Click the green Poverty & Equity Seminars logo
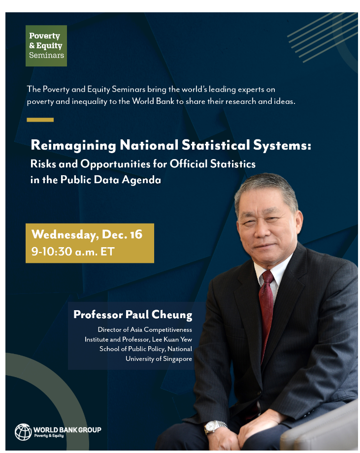point(46,45)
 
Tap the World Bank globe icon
point(23,432)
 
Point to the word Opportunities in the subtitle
point(112,164)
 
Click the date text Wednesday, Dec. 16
point(87,234)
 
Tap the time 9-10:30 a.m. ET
point(73,252)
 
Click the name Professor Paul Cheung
point(132,315)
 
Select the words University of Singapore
point(159,358)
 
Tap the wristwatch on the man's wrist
point(216,426)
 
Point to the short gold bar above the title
point(40,120)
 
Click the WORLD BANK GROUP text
point(67,430)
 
